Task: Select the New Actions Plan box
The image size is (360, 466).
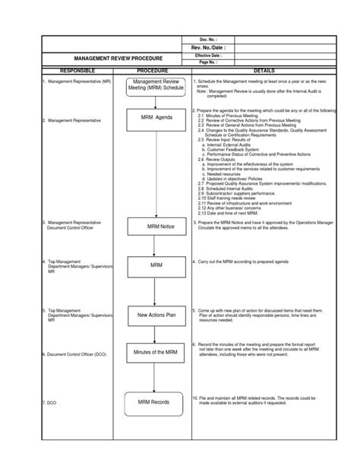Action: tap(156, 314)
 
